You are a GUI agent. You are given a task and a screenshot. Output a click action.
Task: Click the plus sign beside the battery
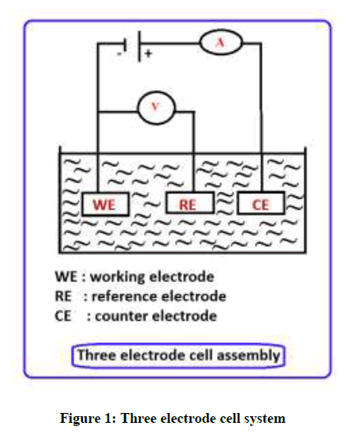[x=148, y=53]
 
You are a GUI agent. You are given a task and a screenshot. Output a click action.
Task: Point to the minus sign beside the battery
[x=119, y=53]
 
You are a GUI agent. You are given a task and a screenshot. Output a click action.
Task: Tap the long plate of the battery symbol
[x=140, y=46]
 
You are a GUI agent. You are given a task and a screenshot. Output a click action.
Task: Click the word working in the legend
[x=118, y=277]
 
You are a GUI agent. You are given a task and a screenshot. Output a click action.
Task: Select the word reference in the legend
[x=125, y=296]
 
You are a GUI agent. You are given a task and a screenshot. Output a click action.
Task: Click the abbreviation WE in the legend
[x=66, y=276]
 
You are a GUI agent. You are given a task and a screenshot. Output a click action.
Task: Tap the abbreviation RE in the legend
[x=63, y=296]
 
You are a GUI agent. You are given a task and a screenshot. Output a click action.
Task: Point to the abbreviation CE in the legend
[x=63, y=316]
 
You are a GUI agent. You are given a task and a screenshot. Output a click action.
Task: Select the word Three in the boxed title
[x=96, y=355]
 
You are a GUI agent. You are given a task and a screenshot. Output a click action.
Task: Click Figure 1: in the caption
[x=88, y=419]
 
